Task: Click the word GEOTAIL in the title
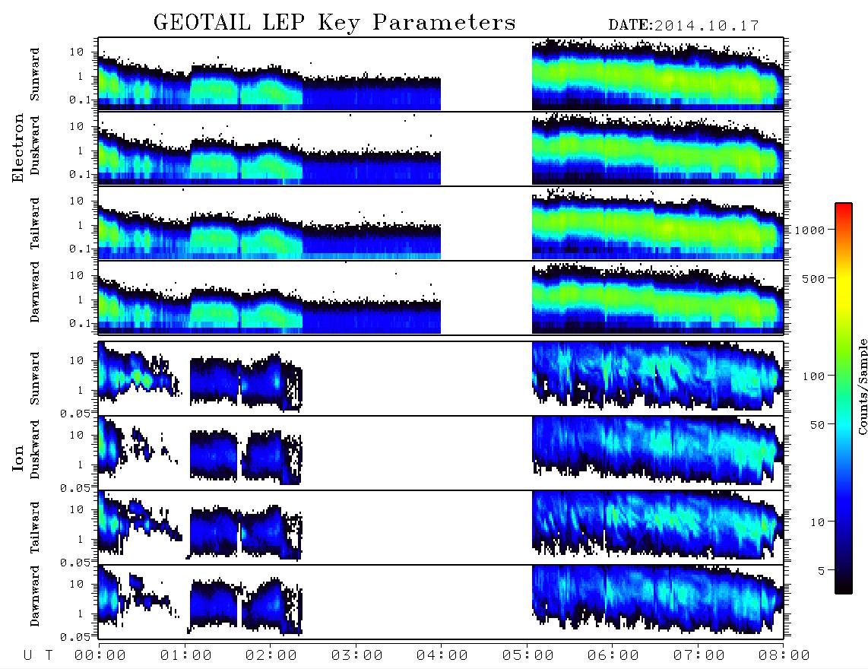click(202, 23)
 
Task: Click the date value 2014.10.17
click(707, 26)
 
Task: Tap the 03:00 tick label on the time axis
click(357, 656)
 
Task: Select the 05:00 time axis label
click(528, 656)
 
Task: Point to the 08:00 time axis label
click(784, 656)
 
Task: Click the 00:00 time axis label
click(100, 656)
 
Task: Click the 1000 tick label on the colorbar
click(809, 230)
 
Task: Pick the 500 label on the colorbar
click(813, 279)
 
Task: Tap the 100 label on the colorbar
click(813, 376)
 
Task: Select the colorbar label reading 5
click(821, 571)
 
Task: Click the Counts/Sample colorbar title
click(862, 386)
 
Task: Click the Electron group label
click(18, 148)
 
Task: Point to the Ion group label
click(18, 458)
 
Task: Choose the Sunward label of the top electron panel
click(35, 75)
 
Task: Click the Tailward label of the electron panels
click(35, 224)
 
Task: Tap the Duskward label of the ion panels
click(35, 449)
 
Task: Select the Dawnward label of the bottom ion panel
click(35, 596)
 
